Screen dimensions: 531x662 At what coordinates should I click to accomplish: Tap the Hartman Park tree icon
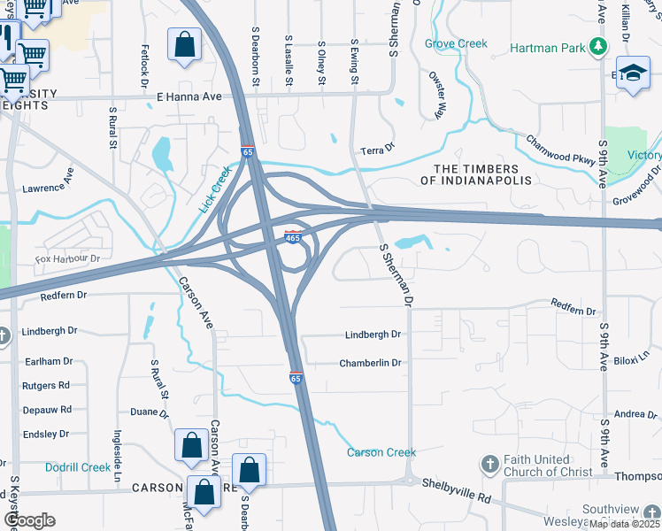click(600, 45)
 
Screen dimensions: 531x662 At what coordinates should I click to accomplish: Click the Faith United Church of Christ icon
click(489, 464)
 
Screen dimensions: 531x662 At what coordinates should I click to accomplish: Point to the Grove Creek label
click(456, 43)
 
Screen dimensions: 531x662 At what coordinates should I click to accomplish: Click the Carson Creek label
click(381, 452)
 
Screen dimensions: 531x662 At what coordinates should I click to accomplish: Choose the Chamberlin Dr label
click(371, 363)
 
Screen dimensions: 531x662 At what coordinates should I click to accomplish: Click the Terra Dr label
click(377, 151)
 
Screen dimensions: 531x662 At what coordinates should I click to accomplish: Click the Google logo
click(29, 520)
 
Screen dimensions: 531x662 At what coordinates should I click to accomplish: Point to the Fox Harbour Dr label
click(68, 258)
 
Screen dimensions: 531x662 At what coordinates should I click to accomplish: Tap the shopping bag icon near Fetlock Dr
click(184, 44)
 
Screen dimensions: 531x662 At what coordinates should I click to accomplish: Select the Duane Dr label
click(149, 412)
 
